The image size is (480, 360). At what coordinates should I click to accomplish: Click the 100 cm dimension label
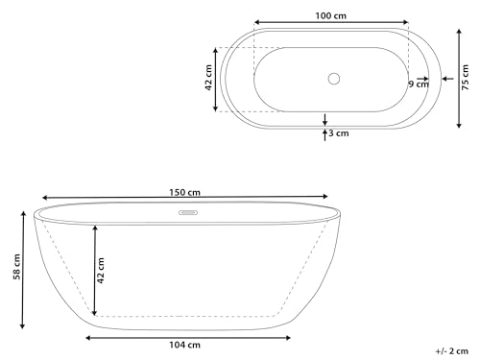331,14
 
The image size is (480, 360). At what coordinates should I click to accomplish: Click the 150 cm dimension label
185,190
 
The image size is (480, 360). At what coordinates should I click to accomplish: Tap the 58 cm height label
12,269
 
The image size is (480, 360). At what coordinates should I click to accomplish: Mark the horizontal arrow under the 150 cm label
185,200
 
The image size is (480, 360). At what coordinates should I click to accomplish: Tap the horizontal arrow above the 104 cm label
186,336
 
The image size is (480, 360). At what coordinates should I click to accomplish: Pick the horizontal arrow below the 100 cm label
331,24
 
